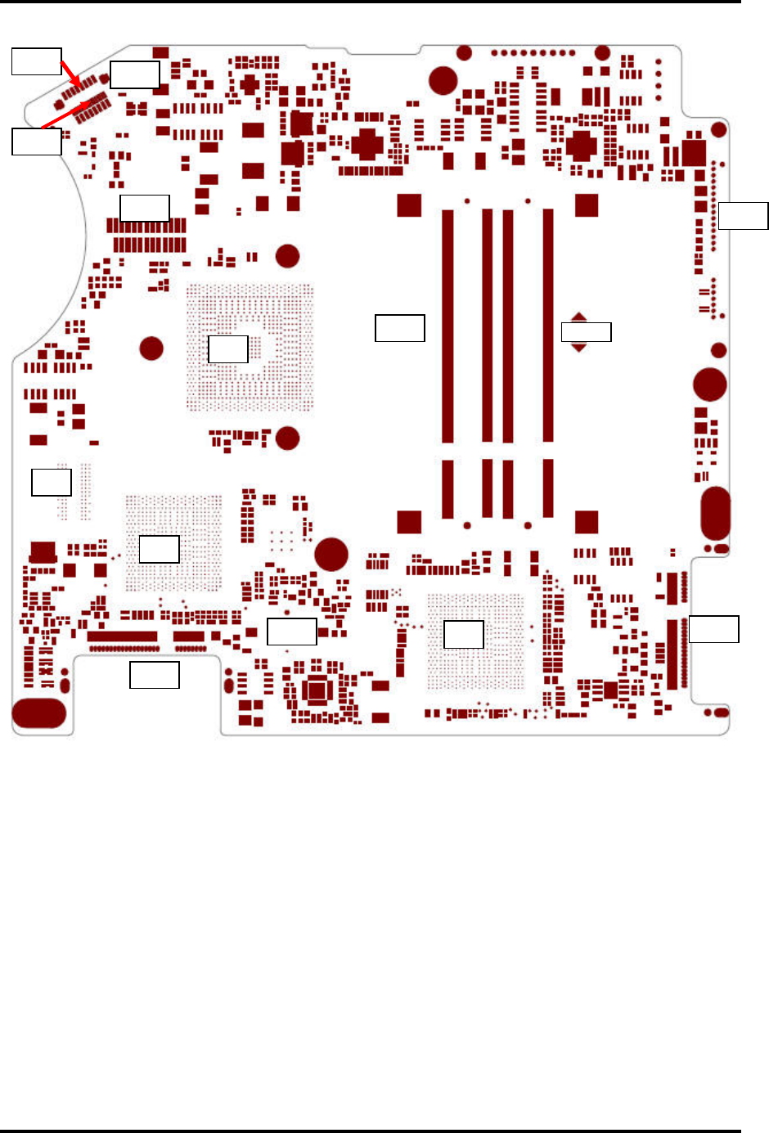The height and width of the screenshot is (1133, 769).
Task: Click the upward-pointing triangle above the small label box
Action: pos(578,317)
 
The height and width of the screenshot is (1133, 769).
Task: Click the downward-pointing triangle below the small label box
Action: pos(578,348)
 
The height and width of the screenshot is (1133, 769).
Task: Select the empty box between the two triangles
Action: pos(586,332)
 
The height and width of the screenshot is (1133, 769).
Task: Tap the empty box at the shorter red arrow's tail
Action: pos(36,61)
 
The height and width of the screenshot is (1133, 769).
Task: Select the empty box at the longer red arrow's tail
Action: pos(36,142)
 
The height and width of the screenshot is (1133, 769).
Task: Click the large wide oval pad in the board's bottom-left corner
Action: pos(39,713)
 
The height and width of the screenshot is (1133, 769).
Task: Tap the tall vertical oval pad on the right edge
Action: pos(715,513)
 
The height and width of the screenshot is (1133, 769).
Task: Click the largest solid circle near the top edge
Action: pos(443,80)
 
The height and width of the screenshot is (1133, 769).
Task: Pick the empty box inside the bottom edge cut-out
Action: pos(155,675)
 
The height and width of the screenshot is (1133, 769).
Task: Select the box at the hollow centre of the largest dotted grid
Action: pos(228,349)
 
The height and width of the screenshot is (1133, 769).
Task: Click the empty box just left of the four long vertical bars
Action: pos(399,328)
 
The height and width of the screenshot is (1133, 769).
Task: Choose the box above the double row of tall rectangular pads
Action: pos(145,208)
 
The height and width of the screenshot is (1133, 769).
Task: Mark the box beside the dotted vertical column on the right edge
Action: pos(743,216)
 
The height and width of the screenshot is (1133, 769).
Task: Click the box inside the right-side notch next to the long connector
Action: pos(713,629)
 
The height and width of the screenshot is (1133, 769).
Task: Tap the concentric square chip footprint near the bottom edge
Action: pos(317,692)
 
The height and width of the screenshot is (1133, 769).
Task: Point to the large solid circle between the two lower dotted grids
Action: pos(331,554)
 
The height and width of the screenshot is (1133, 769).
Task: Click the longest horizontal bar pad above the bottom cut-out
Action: pos(122,636)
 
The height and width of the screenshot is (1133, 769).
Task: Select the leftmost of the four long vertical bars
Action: pos(447,326)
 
